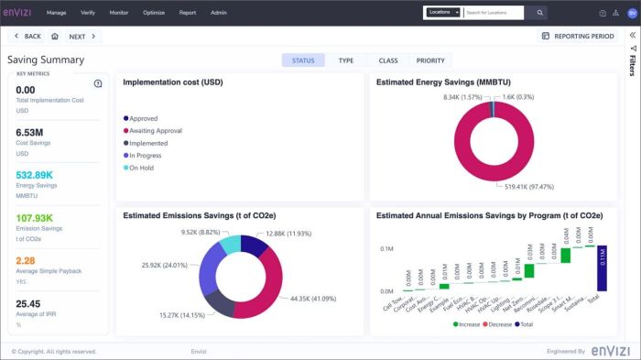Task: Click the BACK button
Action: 28,37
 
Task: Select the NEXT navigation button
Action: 81,37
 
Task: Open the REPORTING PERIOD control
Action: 578,37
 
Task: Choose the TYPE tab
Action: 345,60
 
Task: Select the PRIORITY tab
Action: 430,60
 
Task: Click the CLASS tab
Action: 387,60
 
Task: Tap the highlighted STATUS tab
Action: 303,60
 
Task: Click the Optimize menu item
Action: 153,13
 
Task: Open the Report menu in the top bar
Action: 187,13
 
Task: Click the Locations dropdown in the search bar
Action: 443,13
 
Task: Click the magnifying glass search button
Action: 539,13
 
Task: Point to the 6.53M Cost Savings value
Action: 31,133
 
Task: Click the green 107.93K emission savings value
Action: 37,218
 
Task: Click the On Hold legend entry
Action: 143,169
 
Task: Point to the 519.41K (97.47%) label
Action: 528,186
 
